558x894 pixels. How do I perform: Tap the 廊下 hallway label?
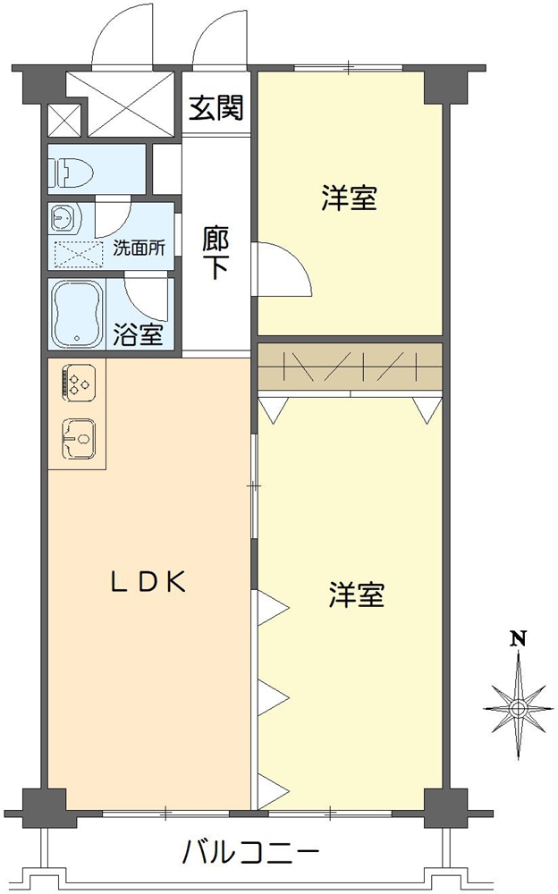coord(215,253)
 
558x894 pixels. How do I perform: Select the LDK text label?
coord(148,582)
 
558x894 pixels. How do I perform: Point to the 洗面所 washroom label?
coord(139,249)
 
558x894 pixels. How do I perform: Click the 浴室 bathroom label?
coord(139,336)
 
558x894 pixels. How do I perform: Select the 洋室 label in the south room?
coord(356,595)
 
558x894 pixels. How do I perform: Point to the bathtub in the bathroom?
coord(79,314)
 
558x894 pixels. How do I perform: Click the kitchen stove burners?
coord(77,383)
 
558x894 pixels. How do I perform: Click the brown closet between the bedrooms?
coord(350,367)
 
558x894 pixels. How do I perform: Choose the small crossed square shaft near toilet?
coord(63,120)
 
